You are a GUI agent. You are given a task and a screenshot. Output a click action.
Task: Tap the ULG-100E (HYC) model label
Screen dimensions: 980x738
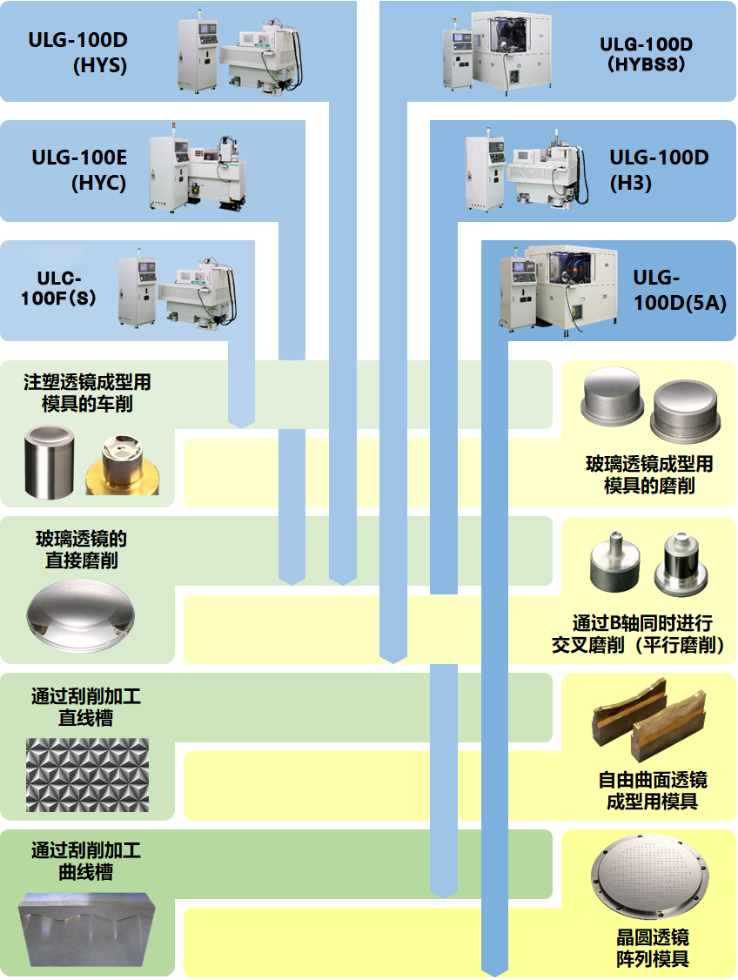79,171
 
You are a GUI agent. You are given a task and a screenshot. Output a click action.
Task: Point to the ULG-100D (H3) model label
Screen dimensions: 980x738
659,170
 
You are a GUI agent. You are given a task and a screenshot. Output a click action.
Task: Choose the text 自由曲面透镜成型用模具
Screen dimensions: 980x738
652,790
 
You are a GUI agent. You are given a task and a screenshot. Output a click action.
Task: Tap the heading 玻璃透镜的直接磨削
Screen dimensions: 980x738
82,550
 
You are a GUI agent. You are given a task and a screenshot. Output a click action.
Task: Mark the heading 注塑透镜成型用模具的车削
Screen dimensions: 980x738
87,393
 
